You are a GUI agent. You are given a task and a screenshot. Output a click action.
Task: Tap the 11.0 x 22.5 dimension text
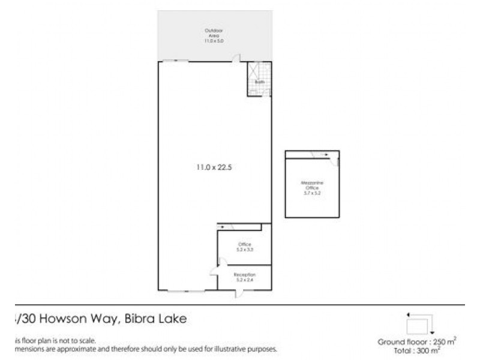[x=215, y=167]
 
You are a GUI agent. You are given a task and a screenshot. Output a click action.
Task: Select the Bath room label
[x=260, y=82]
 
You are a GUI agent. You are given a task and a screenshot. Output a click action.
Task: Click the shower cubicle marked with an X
[x=253, y=70]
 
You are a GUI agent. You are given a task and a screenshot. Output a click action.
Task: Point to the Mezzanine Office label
[x=312, y=185]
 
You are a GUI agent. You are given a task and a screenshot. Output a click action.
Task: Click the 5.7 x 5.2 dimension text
[x=312, y=194]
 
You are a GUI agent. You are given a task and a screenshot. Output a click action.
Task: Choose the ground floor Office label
[x=244, y=244]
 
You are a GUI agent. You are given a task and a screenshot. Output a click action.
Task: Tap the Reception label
[x=244, y=274]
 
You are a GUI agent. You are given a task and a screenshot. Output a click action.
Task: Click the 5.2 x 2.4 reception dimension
[x=244, y=280]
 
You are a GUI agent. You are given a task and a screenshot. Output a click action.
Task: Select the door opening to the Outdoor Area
[x=238, y=58]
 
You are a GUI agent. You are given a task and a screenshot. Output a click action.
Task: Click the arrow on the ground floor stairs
[x=223, y=227]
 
